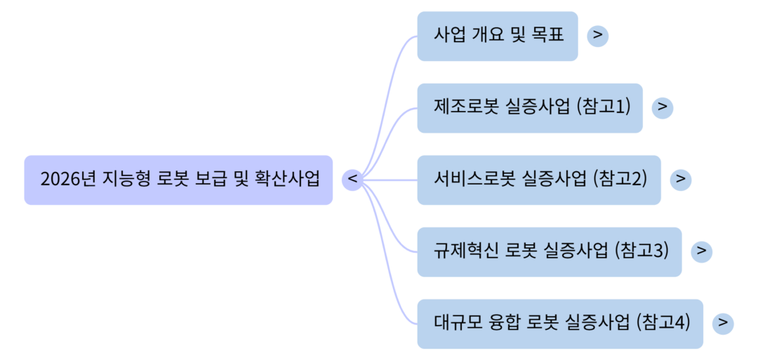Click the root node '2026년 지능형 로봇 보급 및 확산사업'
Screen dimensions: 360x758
[x=178, y=180]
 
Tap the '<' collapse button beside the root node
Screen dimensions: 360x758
[x=352, y=180]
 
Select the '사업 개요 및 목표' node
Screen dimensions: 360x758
[x=497, y=36]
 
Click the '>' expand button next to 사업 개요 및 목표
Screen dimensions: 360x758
[x=597, y=36]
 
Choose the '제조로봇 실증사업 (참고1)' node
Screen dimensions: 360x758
[x=529, y=107]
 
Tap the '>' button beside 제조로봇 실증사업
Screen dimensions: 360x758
[x=663, y=107]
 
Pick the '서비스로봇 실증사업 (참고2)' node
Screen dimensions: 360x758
[x=538, y=180]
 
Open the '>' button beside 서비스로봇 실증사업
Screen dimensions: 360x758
[x=681, y=180]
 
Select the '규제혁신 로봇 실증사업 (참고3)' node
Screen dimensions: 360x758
[x=549, y=251]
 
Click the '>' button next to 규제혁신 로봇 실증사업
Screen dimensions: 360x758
[x=701, y=251]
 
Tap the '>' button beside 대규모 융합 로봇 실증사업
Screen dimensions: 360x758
[x=723, y=324]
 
